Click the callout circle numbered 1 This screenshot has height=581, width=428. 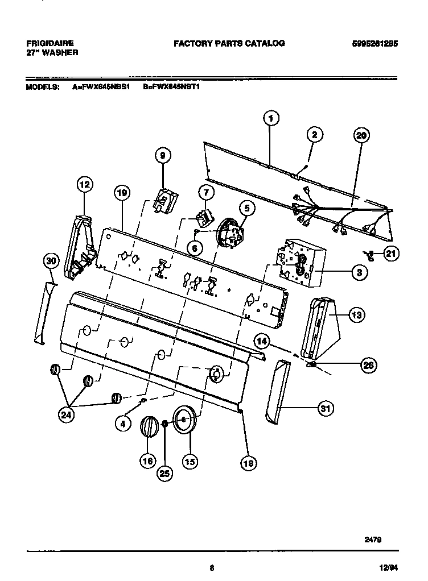(271, 119)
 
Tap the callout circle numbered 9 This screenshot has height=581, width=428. (162, 155)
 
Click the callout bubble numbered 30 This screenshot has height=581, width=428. (51, 261)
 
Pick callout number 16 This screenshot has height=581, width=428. (147, 461)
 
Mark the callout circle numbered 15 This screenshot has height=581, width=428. (189, 461)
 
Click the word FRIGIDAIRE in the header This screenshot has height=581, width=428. (50, 43)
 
